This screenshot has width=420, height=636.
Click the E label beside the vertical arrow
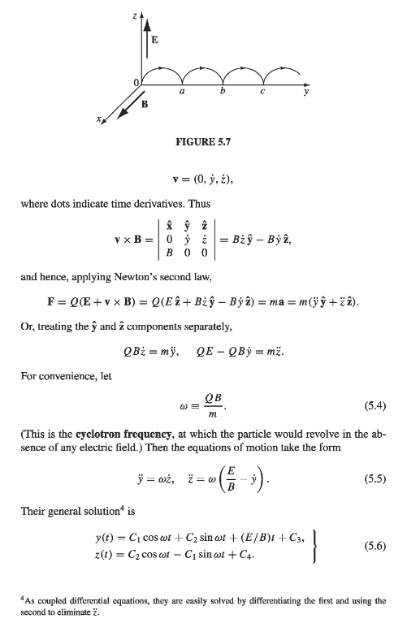tap(155, 39)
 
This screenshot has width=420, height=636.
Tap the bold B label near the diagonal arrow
tap(145, 104)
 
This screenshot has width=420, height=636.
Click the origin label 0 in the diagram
tap(136, 83)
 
